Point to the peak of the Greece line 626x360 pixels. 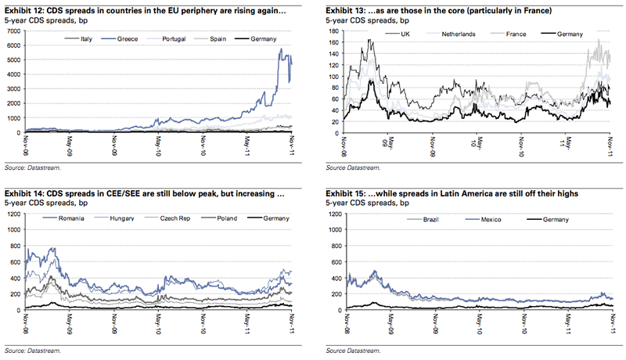pos(281,49)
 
